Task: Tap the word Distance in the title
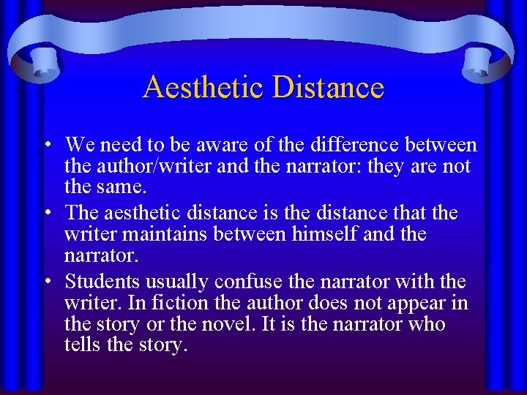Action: coord(328,88)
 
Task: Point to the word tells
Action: coord(83,345)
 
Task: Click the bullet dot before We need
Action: coord(45,146)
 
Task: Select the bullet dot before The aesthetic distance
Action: coord(45,214)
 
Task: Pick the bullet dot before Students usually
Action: coord(45,282)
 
